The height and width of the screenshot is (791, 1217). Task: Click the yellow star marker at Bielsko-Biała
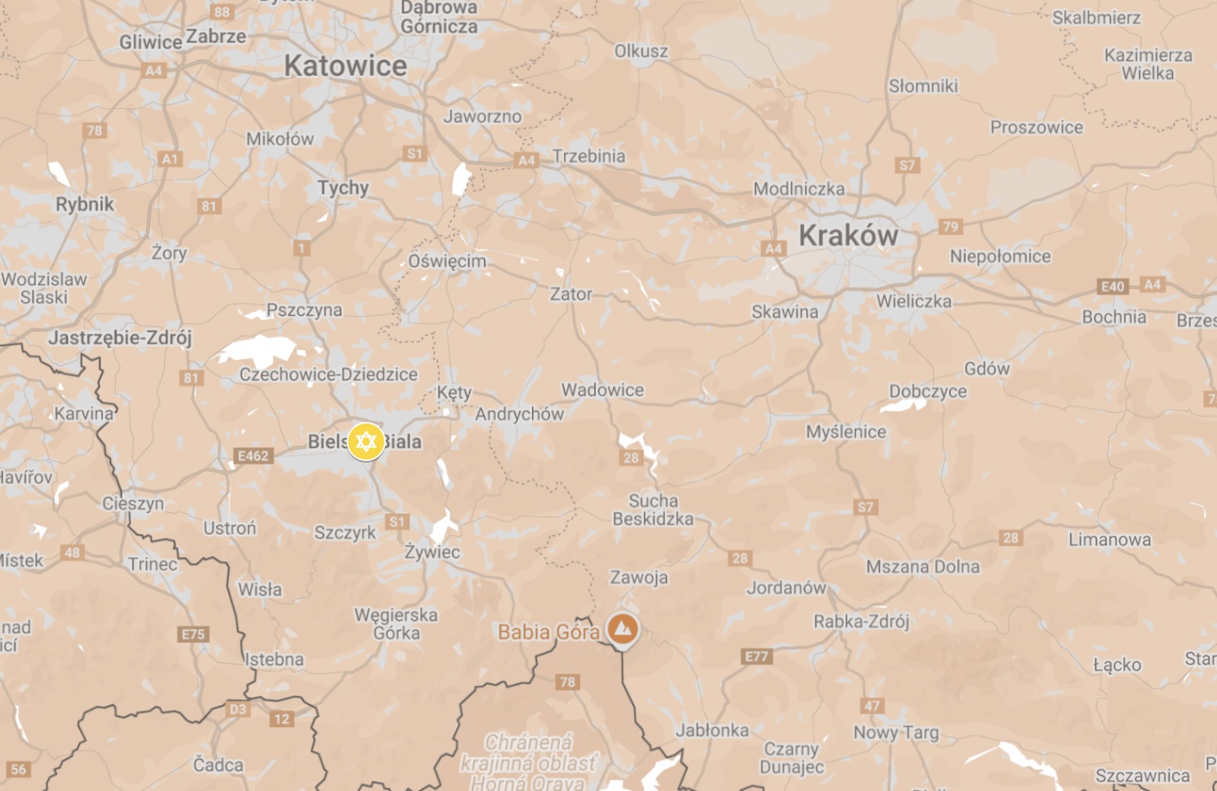[x=365, y=442]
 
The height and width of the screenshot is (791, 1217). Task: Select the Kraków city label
[x=848, y=235]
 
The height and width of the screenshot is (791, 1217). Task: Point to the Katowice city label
[x=345, y=66]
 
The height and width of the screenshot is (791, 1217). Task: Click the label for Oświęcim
[x=447, y=261]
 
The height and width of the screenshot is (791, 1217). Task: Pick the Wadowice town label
[x=602, y=390]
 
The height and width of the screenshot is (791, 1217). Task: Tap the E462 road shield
[x=253, y=455]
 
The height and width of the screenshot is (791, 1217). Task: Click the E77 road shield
[x=756, y=657]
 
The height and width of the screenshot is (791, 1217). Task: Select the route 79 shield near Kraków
[x=950, y=226]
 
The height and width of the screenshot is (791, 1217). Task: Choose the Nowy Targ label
[x=896, y=732]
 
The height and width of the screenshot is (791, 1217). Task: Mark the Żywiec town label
[x=432, y=552]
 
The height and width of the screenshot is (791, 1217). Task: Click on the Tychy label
[x=343, y=187]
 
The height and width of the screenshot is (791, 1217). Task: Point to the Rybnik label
[x=85, y=204]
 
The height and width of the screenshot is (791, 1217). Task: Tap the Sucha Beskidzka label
[x=653, y=510]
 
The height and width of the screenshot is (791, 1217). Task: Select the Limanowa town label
[x=1109, y=539]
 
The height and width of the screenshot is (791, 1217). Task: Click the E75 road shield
[x=193, y=634]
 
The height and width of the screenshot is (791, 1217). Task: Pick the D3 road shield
[x=237, y=709]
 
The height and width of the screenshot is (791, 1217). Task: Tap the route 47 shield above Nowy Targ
[x=872, y=706]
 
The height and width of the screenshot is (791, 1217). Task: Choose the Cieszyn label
[x=133, y=503]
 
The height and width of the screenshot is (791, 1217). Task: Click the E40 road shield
[x=1112, y=286]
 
